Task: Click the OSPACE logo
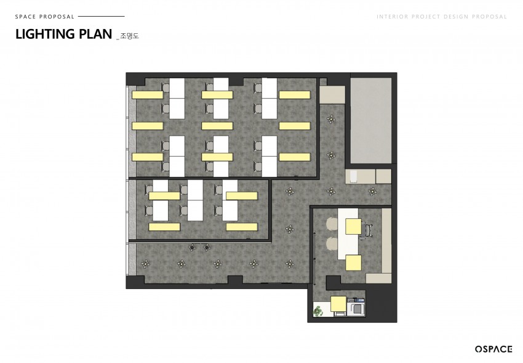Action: [x=493, y=349]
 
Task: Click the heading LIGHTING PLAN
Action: [x=63, y=34]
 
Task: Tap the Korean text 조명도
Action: [x=129, y=36]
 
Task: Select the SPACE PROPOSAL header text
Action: [x=45, y=17]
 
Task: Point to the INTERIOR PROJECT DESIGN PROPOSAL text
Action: [x=442, y=17]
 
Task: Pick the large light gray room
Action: [x=370, y=121]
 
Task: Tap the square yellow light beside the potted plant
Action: [x=338, y=304]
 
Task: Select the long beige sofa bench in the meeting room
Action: [x=386, y=240]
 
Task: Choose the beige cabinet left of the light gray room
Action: [x=332, y=95]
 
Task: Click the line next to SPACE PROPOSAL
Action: [x=101, y=16]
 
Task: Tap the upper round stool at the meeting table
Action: [x=332, y=224]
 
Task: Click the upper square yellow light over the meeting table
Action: [x=353, y=227]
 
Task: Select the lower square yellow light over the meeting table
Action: [x=353, y=263]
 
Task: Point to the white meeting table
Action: [x=348, y=234]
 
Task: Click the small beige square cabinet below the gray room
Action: [x=383, y=176]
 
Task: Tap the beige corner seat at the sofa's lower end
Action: [x=378, y=278]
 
